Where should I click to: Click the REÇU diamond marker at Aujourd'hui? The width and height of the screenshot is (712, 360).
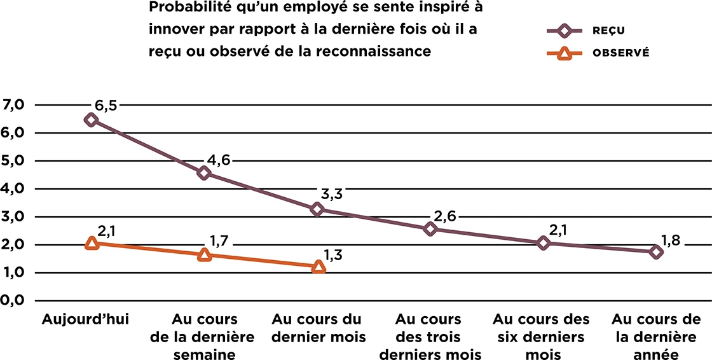click(x=91, y=120)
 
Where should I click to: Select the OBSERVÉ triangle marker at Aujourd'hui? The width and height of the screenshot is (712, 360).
click(x=92, y=243)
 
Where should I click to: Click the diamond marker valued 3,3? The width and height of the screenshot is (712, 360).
click(x=317, y=209)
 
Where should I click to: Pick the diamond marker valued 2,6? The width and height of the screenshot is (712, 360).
click(x=430, y=228)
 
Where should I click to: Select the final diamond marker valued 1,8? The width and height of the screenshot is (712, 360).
click(x=656, y=252)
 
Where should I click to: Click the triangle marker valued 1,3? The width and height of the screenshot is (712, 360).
click(x=318, y=268)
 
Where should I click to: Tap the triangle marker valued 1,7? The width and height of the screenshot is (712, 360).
click(x=205, y=254)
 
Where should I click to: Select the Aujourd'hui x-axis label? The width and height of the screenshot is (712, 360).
click(x=85, y=319)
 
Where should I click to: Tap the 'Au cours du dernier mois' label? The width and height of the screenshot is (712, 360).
click(x=318, y=328)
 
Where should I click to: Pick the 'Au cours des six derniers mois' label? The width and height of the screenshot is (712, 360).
click(x=541, y=336)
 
